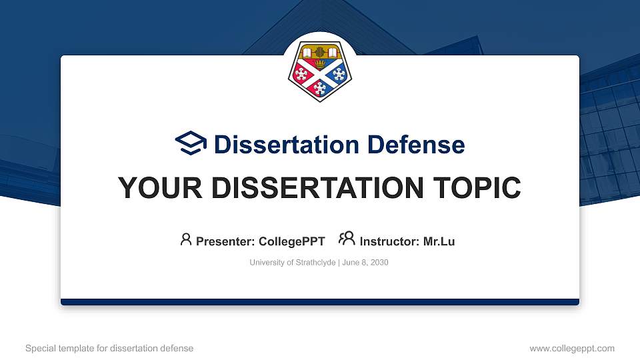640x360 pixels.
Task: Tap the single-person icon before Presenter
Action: click(186, 239)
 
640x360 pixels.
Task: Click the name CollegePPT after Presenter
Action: click(292, 241)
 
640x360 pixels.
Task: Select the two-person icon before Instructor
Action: click(347, 239)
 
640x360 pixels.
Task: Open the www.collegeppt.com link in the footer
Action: click(572, 348)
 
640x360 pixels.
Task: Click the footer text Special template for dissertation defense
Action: click(109, 348)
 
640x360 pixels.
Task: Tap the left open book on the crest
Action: click(307, 52)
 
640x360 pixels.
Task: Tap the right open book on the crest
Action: click(333, 52)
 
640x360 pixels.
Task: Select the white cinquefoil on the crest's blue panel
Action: click(337, 73)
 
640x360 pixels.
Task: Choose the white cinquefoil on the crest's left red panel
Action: click(303, 73)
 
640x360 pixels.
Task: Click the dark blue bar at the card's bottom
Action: click(320, 302)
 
